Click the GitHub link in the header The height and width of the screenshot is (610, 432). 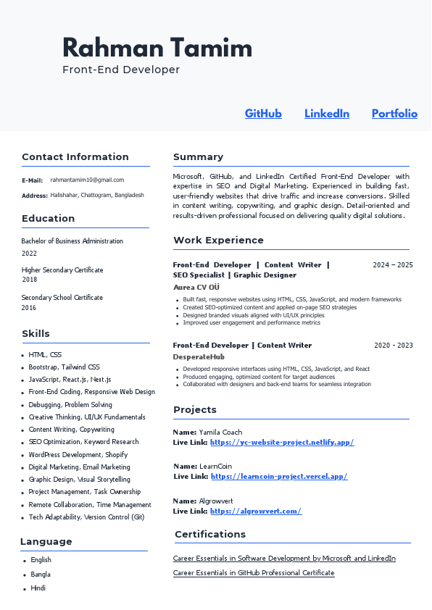tap(263, 114)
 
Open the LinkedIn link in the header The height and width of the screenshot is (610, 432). tap(327, 114)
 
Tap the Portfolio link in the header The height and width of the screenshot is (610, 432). tap(394, 114)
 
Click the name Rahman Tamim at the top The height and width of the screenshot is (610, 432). tap(157, 48)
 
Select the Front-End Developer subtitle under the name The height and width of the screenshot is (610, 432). tap(121, 70)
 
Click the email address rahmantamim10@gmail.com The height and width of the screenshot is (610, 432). tap(87, 180)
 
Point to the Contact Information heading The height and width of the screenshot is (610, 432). tap(75, 157)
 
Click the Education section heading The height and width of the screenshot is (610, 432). tap(49, 219)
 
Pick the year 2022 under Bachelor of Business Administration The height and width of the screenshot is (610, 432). tap(29, 254)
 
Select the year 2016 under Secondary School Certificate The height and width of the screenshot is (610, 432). tap(29, 308)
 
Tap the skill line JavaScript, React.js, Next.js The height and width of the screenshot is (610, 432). tap(70, 380)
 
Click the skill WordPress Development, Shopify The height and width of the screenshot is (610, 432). tap(78, 455)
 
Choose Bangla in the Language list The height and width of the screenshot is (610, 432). tap(41, 575)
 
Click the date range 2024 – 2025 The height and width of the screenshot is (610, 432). tap(393, 265)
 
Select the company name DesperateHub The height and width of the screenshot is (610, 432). tap(199, 357)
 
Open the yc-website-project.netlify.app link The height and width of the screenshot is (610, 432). tap(282, 442)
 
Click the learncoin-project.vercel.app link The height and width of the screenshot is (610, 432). tap(279, 477)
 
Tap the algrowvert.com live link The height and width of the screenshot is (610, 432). tap(256, 511)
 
